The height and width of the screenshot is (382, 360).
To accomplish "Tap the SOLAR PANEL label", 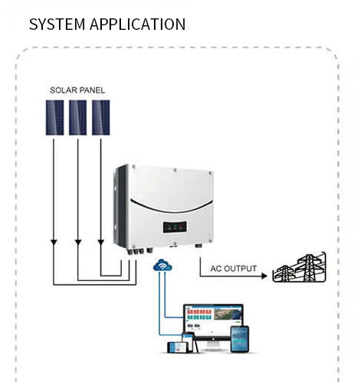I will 77,90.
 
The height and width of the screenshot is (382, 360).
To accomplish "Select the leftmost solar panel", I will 54,117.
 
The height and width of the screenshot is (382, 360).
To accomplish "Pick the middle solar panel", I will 77,117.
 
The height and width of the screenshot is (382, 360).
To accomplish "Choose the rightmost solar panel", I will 101,117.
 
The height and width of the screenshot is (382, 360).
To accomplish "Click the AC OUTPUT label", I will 234,269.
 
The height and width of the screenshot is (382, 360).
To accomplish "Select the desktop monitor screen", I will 212,317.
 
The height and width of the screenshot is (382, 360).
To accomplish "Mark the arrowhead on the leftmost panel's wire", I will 53,243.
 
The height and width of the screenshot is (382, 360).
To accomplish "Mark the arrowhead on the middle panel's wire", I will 77,243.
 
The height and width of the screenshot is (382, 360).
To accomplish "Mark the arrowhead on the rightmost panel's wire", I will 101,243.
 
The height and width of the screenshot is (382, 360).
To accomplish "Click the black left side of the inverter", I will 119,207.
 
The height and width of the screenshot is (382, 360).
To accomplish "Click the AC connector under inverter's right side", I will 198,247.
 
